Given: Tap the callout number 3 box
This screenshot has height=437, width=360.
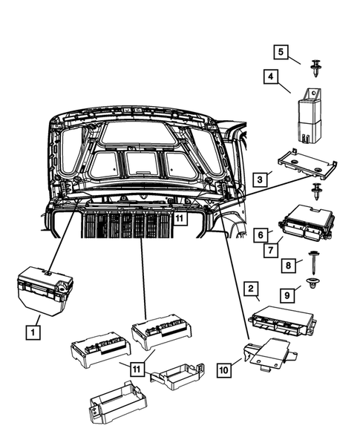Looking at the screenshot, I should click(259, 180).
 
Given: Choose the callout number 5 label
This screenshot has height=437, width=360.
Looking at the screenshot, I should click(279, 52).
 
